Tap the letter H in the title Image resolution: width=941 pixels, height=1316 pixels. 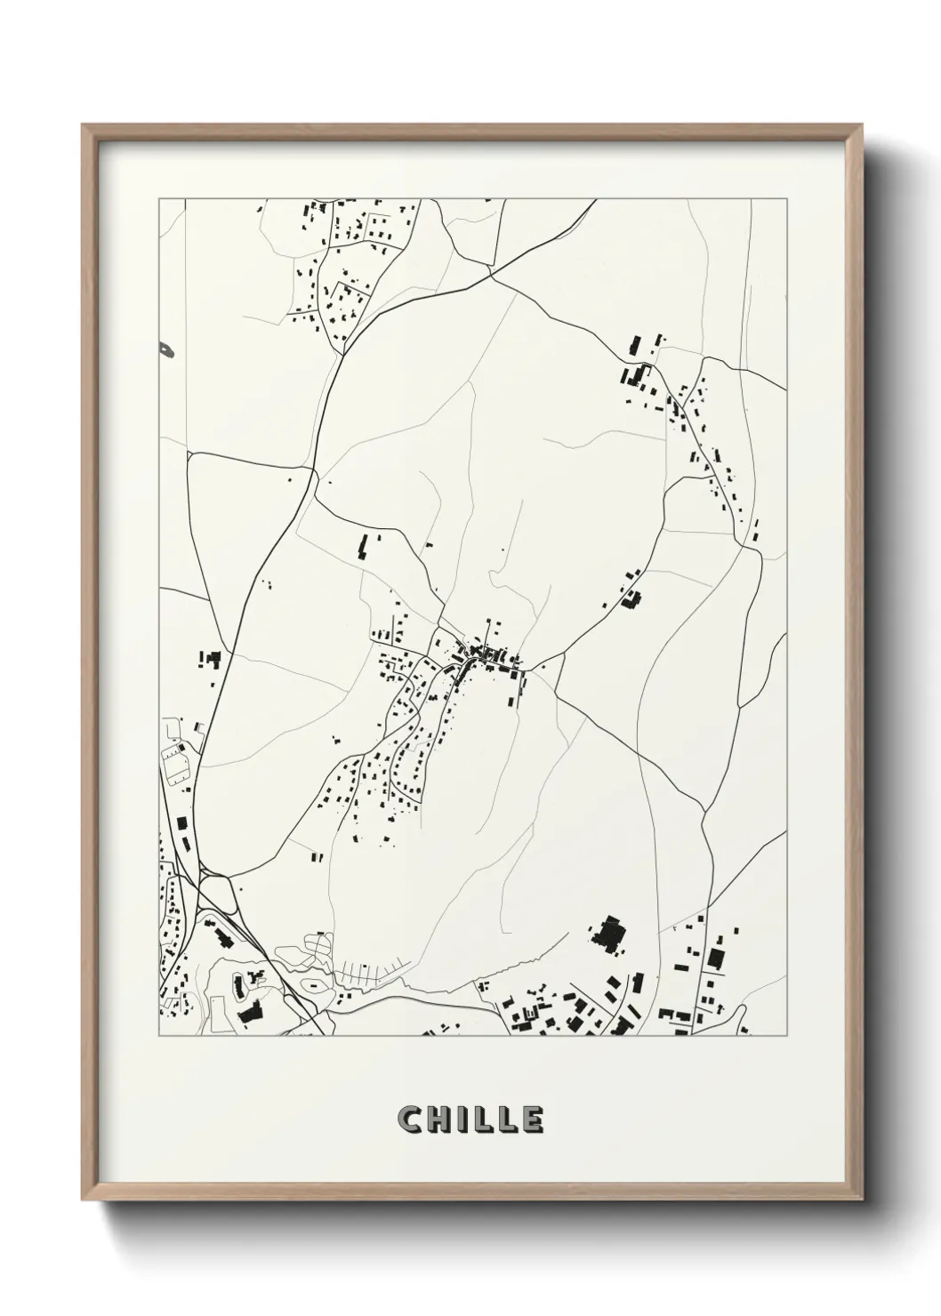441,1119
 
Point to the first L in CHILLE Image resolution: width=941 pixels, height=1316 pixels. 483,1119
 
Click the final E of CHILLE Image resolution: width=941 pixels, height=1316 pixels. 532,1119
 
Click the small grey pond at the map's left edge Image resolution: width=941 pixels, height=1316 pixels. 166,350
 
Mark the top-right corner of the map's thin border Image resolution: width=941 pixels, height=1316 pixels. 787,199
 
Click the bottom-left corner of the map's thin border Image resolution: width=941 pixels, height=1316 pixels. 159,1035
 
